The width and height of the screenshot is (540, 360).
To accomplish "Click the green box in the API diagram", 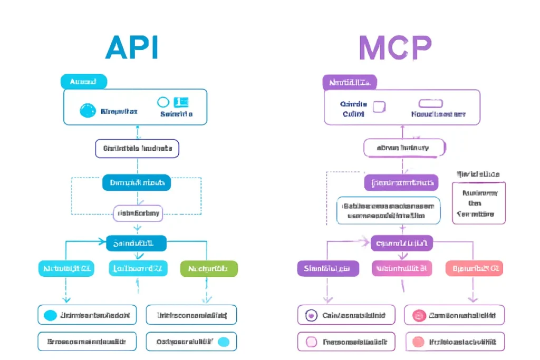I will coord(209,268).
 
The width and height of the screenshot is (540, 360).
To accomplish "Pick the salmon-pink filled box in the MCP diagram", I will coord(474,268).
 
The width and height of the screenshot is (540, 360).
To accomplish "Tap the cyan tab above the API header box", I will coord(83,82).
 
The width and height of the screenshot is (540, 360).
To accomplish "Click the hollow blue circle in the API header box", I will coord(163,102).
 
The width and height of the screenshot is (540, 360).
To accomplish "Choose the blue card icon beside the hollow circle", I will coord(181,102).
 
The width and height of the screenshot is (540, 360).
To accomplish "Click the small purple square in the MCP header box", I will coord(379,107).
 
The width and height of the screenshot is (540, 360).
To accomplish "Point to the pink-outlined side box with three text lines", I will coord(478,203).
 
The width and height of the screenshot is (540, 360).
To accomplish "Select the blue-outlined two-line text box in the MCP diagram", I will coord(389,211).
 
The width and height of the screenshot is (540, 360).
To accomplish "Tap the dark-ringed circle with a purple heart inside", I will coord(311,316).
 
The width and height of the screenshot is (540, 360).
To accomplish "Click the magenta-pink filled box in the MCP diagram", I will coord(401,268).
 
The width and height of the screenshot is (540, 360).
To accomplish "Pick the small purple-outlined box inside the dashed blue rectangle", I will coord(138,213).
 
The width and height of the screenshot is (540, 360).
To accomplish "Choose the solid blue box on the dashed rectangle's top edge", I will coord(137,183).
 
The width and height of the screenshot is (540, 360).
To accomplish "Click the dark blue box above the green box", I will coord(137,243).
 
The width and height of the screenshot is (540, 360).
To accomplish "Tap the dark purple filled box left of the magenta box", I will coord(327,268).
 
